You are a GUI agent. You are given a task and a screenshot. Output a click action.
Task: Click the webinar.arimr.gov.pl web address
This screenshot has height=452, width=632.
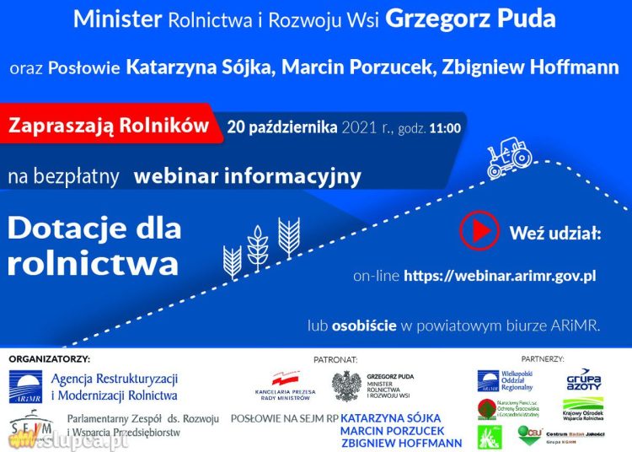[x=500, y=276]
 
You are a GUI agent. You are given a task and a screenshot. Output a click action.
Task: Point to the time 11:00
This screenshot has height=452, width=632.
[x=445, y=129]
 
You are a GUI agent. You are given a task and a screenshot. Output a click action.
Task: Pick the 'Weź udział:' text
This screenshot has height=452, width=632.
[x=555, y=232]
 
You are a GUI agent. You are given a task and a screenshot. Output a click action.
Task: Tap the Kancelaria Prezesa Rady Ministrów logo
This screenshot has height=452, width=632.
[x=284, y=387]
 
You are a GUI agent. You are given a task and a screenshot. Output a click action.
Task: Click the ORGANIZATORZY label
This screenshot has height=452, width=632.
[x=49, y=359]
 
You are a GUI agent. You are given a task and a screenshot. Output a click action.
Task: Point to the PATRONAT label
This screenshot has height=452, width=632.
[x=335, y=359]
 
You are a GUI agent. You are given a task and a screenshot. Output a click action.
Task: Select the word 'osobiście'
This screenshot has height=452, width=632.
[x=363, y=325]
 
